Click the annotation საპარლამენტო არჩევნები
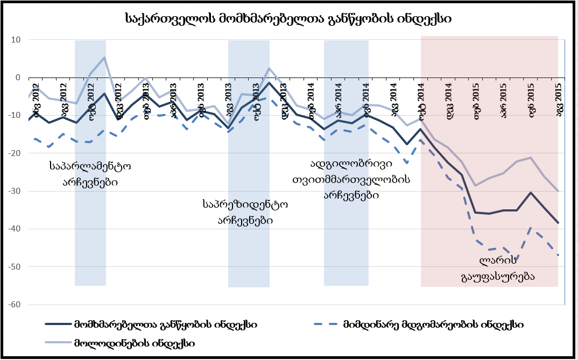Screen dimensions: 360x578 (89, 174)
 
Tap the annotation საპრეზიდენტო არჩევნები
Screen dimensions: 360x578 (245, 211)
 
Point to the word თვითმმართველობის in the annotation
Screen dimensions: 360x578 (351, 179)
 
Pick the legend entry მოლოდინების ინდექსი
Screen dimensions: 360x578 (135, 342)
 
